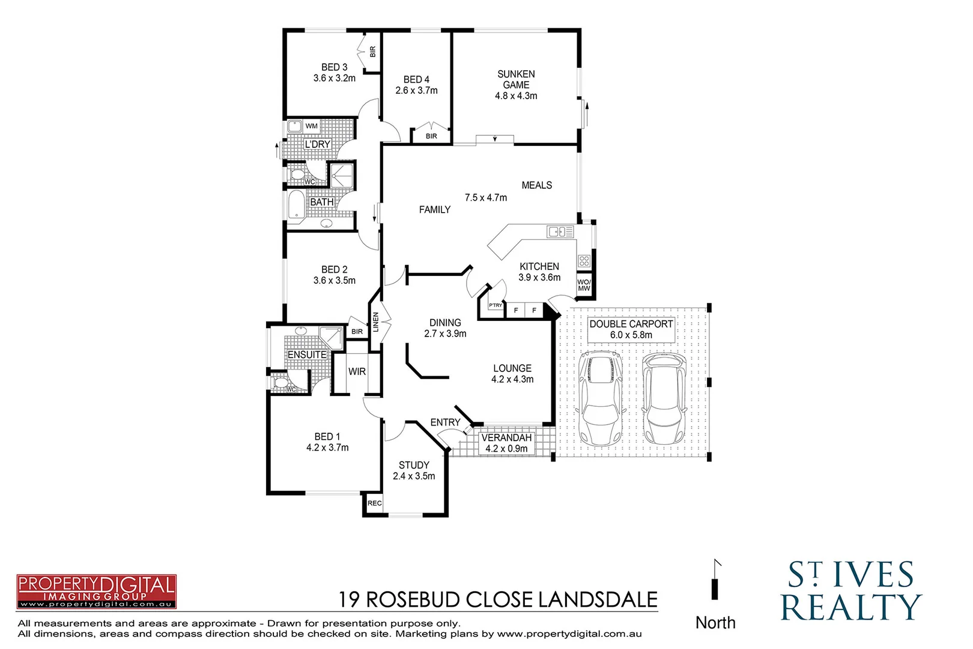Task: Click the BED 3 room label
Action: click(x=334, y=67)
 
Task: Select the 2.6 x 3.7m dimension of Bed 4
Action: click(x=416, y=91)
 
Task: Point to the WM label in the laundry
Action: click(x=311, y=126)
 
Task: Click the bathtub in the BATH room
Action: click(x=297, y=204)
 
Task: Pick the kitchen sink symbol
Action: click(x=560, y=231)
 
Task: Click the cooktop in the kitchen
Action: click(x=584, y=261)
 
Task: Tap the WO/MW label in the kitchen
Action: click(x=584, y=285)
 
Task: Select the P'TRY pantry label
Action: click(x=496, y=305)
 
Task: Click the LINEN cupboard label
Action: click(x=376, y=323)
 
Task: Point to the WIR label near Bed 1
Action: click(x=357, y=372)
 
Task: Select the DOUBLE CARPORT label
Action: click(x=631, y=324)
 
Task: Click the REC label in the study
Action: click(x=374, y=504)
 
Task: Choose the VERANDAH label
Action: click(x=506, y=438)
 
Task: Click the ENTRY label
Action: click(x=445, y=423)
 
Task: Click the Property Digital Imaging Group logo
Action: click(x=96, y=591)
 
